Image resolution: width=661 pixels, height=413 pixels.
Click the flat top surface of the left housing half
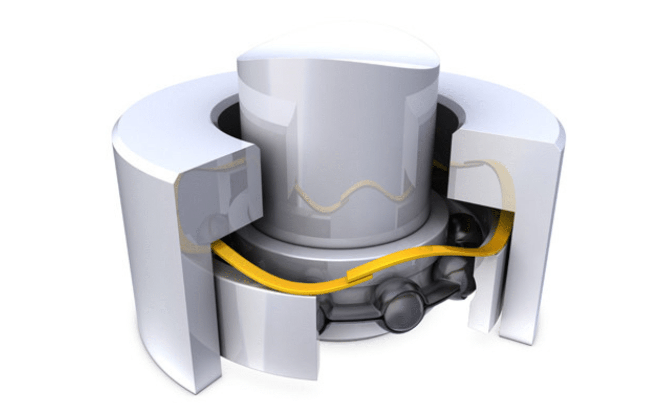click(x=170, y=124)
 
